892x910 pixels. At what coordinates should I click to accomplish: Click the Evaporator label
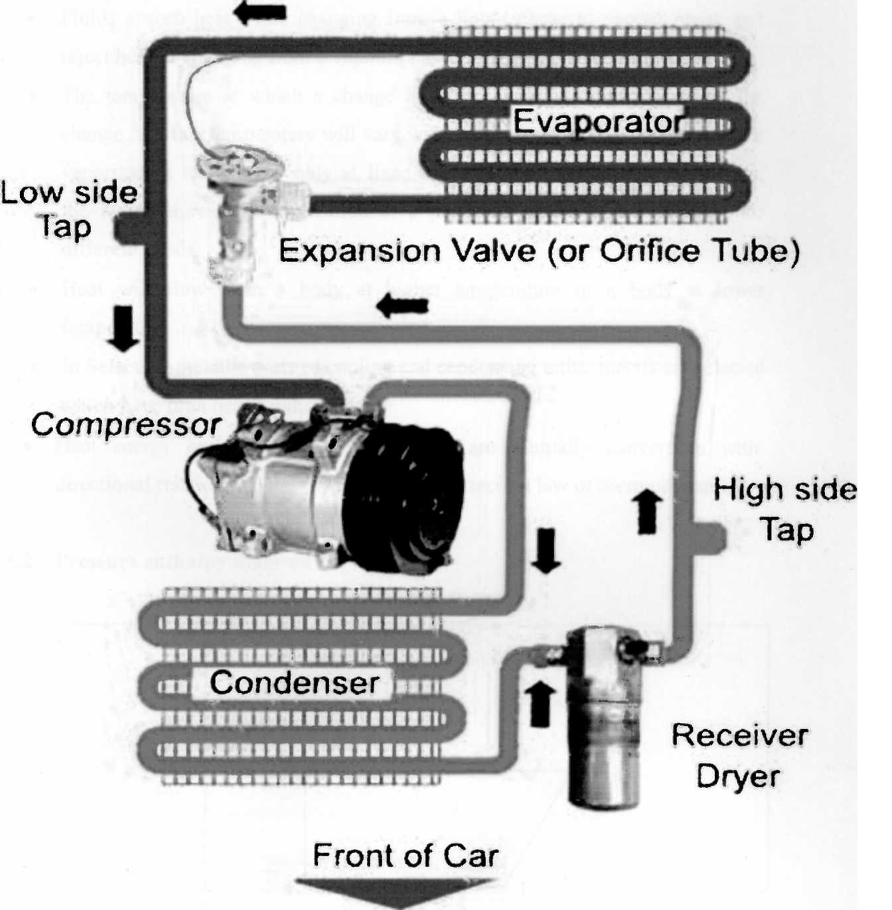coord(597,122)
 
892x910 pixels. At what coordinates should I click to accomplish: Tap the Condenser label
coord(294,683)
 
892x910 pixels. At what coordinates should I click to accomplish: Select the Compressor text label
coord(125,425)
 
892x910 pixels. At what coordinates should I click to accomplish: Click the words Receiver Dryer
coord(739,756)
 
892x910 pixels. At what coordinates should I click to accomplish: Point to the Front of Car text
coord(405,856)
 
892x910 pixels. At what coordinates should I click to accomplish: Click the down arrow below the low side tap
coord(123,328)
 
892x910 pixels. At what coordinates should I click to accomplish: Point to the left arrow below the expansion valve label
coord(402,306)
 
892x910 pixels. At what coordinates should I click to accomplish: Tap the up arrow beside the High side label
coord(647,511)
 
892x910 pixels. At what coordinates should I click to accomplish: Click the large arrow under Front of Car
coord(396,892)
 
